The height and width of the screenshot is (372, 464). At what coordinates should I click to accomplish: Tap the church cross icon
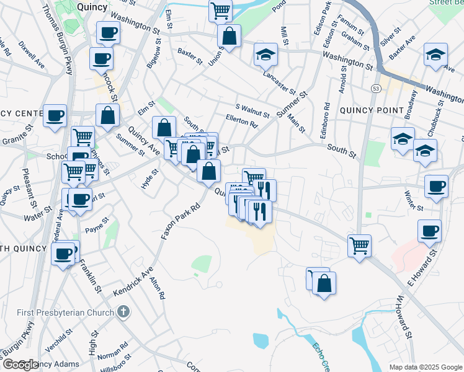[123, 311]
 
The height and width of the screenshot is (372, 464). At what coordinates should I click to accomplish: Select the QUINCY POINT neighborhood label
[371, 110]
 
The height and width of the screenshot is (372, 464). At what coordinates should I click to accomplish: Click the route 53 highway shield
[376, 89]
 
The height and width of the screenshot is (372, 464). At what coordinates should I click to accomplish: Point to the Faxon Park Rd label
[179, 221]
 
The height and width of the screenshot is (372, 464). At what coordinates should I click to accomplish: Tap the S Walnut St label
[252, 110]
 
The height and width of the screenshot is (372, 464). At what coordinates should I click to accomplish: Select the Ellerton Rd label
[241, 123]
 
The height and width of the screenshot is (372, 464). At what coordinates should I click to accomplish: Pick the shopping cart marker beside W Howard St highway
[359, 244]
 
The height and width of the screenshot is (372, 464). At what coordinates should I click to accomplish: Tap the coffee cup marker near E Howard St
[429, 231]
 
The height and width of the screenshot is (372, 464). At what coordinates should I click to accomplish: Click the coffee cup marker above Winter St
[436, 185]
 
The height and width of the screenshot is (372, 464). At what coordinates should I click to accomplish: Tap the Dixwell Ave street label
[31, 55]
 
